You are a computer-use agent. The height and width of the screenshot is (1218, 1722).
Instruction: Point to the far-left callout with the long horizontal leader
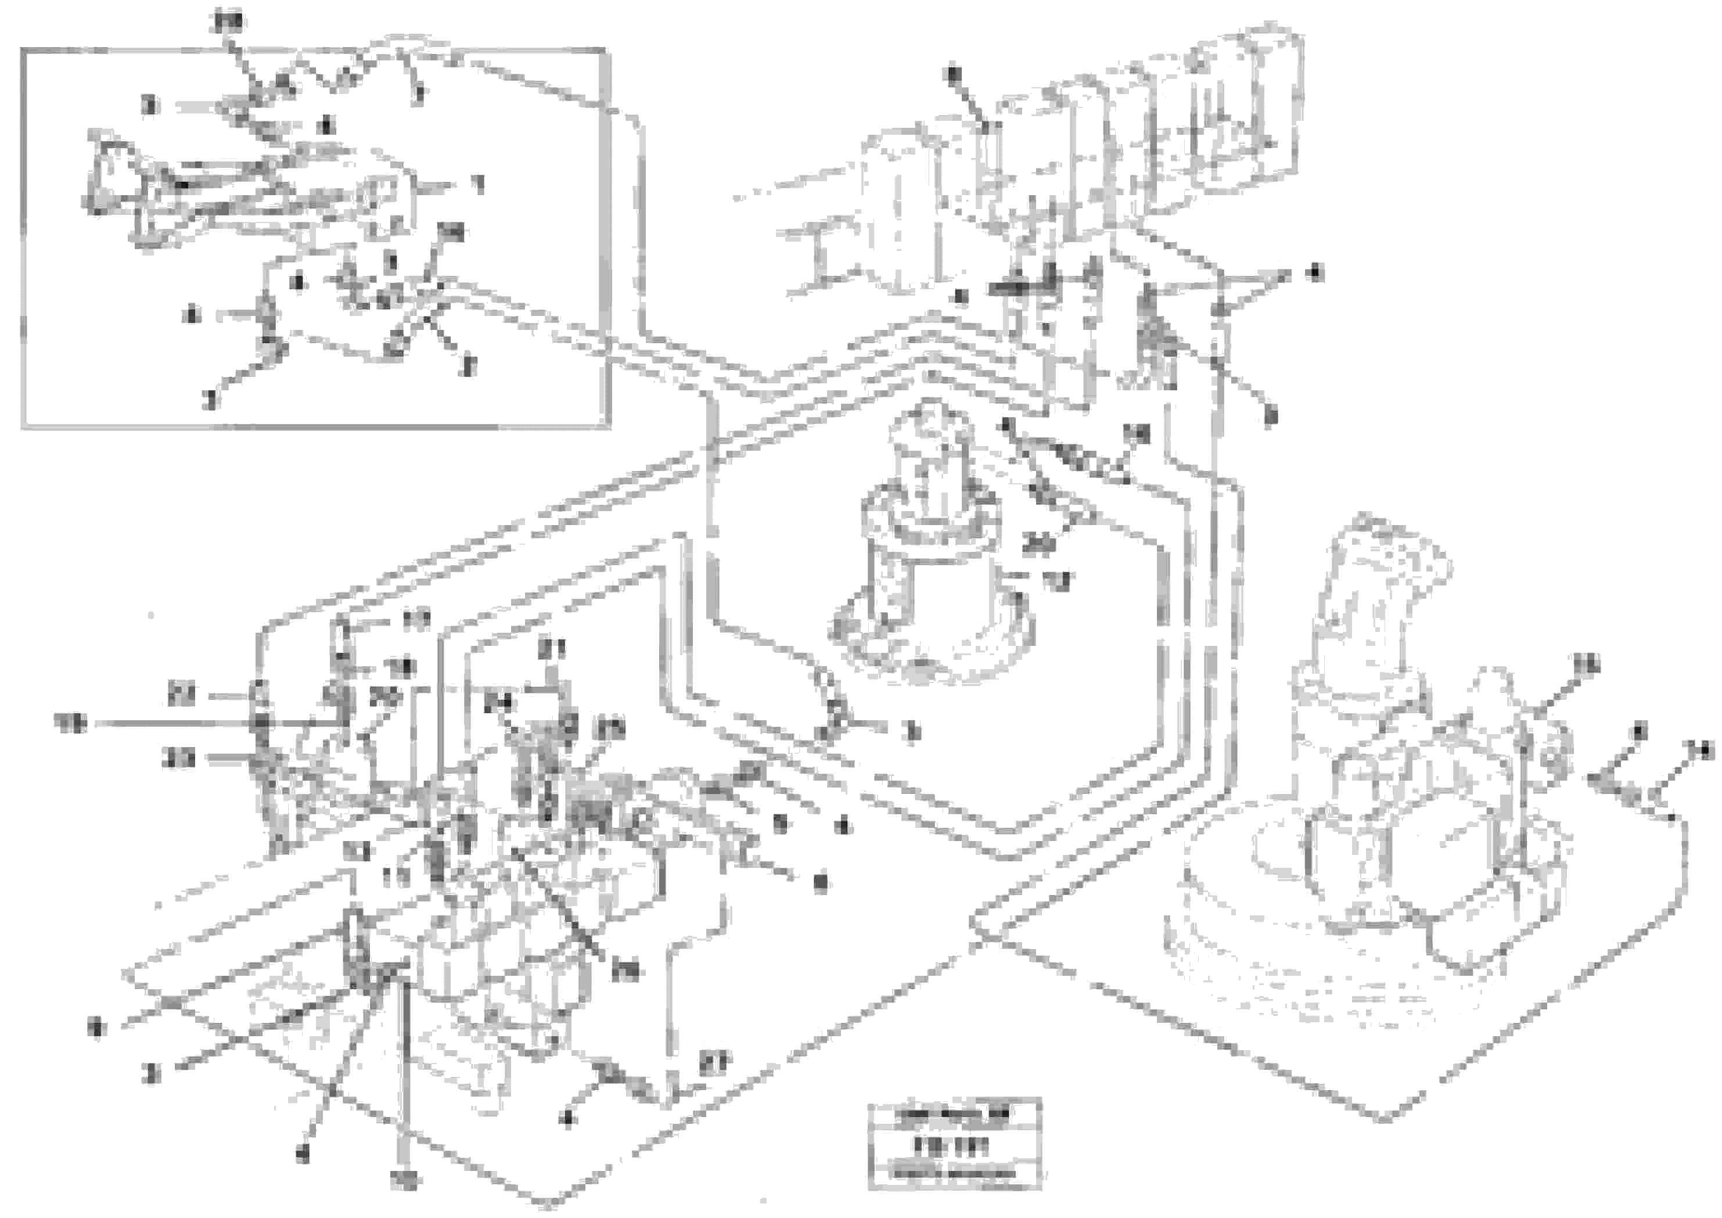click(71, 723)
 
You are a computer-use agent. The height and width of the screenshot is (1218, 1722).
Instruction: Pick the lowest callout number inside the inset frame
click(211, 401)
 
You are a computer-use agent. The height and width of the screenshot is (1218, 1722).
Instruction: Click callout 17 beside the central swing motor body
click(1060, 580)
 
